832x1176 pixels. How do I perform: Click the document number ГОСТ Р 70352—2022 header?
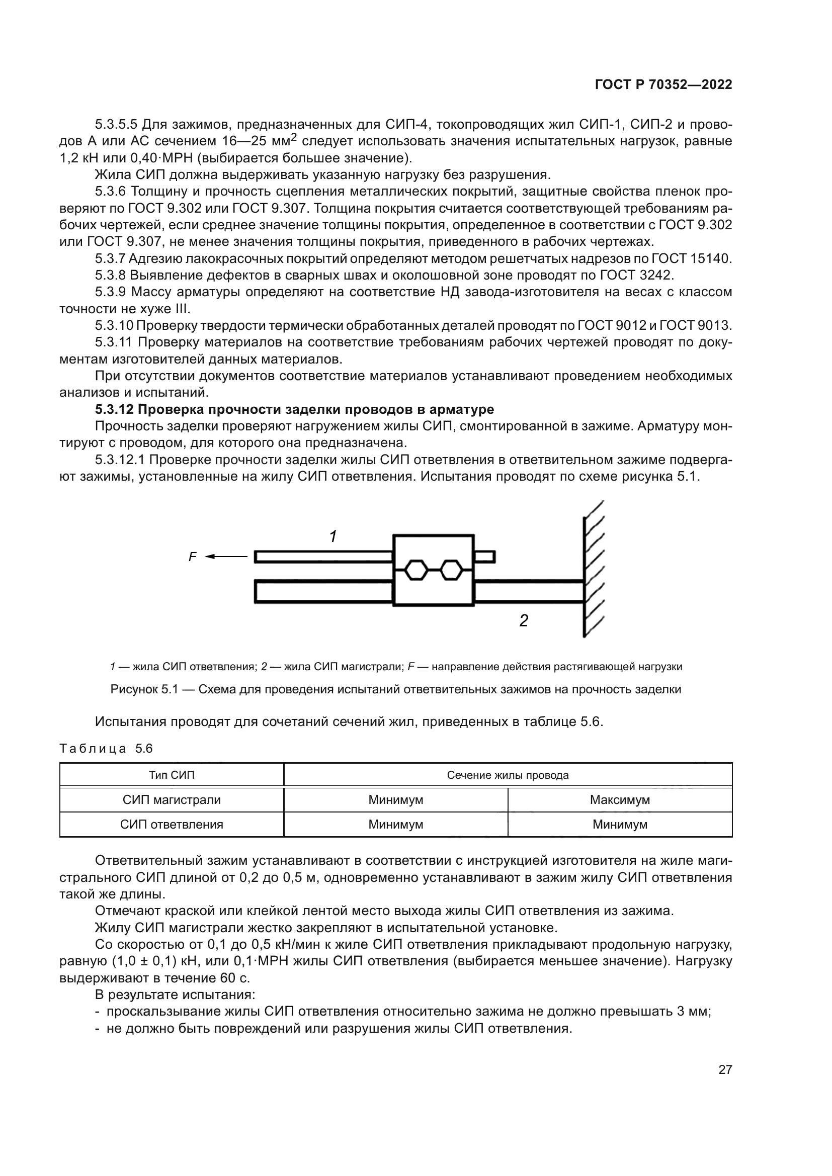663,84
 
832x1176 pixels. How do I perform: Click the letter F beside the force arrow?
193,557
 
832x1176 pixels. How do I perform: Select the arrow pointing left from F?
226,556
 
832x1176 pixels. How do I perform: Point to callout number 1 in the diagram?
333,537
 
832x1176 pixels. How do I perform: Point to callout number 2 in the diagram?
524,621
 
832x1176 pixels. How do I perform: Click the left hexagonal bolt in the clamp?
415,570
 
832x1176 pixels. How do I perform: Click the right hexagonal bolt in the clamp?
451,570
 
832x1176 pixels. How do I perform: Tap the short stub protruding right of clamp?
484,556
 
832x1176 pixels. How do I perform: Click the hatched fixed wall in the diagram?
593,569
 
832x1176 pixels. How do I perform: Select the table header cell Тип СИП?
172,775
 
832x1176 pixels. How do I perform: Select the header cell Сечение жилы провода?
508,775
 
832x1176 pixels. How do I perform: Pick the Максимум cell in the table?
619,799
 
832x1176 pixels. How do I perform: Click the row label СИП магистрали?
172,799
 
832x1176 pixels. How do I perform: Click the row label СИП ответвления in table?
172,824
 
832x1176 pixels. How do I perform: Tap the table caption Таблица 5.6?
106,748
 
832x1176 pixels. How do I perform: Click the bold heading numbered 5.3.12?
295,409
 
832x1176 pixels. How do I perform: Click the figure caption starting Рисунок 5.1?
395,689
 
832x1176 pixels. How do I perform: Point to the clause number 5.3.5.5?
116,125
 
